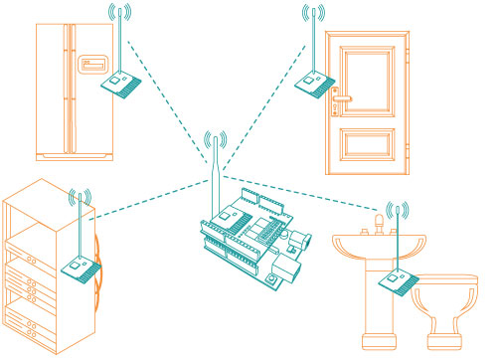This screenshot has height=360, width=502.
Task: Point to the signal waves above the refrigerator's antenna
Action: click(x=118, y=13)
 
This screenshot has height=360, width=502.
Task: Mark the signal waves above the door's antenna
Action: click(x=313, y=13)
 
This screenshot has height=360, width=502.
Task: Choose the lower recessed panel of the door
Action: click(x=368, y=138)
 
